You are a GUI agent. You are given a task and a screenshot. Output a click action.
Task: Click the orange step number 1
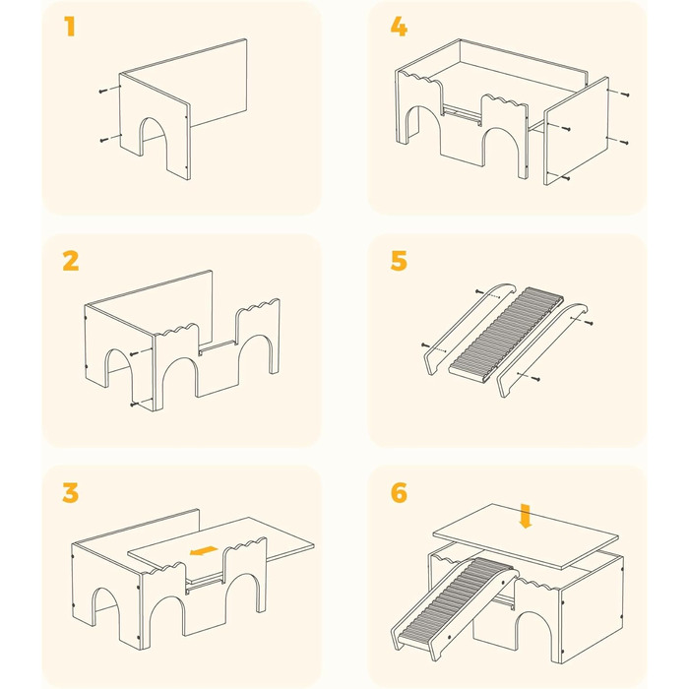tap(70, 27)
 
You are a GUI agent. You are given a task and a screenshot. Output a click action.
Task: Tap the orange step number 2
tap(71, 261)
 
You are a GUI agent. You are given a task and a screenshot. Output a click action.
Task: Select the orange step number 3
tap(70, 492)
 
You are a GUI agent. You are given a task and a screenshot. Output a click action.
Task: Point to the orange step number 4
tap(399, 27)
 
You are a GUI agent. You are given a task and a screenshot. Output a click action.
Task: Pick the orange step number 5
tap(399, 261)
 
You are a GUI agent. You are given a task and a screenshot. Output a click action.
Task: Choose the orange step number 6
tap(399, 492)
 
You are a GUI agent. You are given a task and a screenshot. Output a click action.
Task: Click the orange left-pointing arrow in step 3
tap(204, 550)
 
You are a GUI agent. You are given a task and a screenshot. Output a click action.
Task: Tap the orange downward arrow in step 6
tap(525, 516)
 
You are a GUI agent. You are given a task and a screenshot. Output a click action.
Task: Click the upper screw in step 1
tap(103, 91)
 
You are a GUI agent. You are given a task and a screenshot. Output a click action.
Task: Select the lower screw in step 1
tap(104, 140)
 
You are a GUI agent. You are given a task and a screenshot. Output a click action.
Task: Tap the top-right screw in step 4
tap(625, 94)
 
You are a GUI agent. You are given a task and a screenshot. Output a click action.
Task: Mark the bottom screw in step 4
tap(566, 178)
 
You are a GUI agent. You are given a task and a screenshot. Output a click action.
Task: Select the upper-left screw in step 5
tap(480, 291)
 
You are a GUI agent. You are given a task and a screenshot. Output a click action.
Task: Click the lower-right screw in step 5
tap(535, 378)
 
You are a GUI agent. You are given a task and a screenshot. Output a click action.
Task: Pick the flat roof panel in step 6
tap(526, 536)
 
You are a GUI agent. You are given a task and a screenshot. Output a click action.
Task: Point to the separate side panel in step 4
tap(577, 131)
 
